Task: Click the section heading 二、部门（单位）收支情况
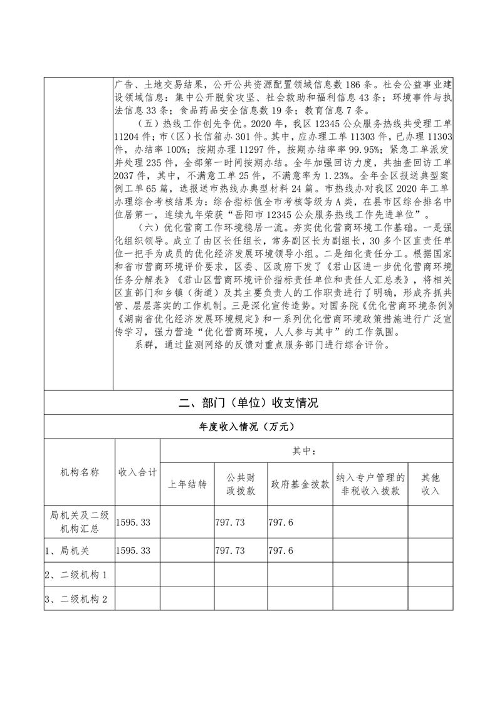(x=248, y=403)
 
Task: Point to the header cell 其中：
(x=306, y=450)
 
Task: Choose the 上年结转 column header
(x=187, y=484)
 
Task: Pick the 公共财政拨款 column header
(x=241, y=484)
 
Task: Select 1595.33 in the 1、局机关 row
(x=134, y=551)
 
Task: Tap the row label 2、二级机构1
(x=76, y=575)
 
